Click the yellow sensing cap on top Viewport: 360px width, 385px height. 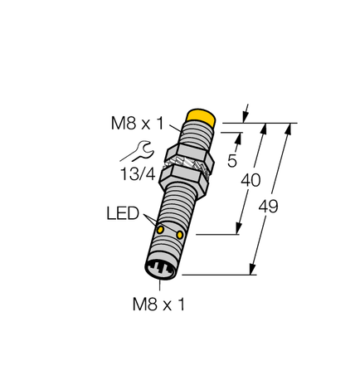[x=202, y=116]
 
